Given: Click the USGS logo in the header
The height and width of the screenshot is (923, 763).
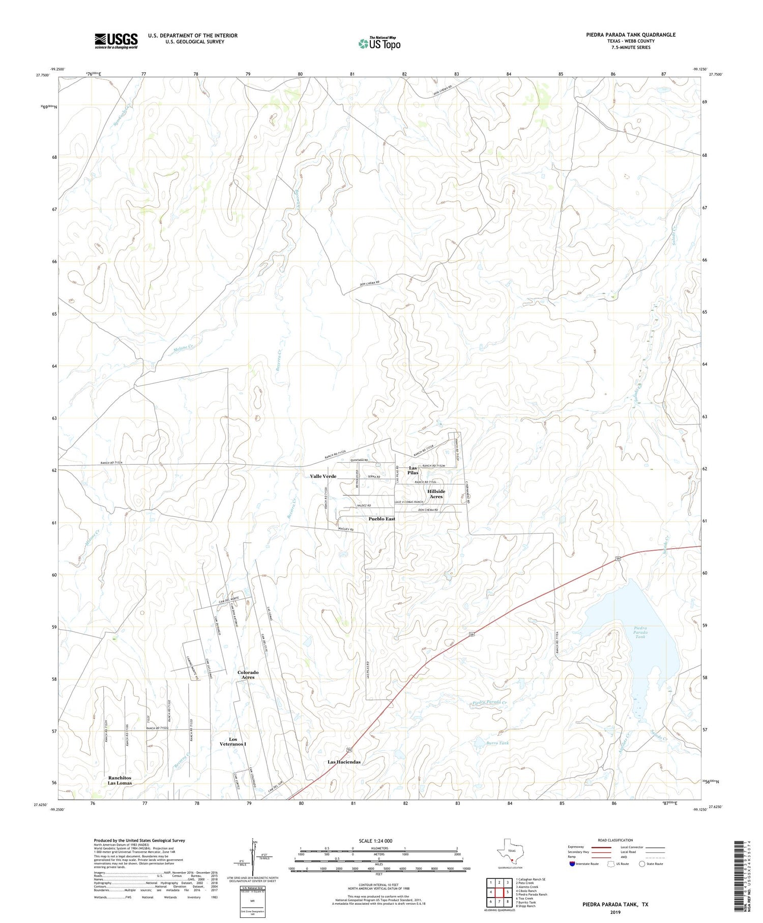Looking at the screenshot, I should pyautogui.click(x=116, y=41).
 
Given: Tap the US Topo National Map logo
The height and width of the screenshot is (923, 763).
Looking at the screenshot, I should pyautogui.click(x=379, y=44).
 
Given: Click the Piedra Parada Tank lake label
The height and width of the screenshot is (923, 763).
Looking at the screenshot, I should pyautogui.click(x=640, y=632).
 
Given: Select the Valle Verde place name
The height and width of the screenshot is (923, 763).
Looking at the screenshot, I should pyautogui.click(x=323, y=476).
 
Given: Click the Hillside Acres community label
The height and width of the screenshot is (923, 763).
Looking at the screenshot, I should pyautogui.click(x=436, y=494).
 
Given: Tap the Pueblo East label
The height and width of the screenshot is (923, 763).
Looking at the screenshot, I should pyautogui.click(x=382, y=519).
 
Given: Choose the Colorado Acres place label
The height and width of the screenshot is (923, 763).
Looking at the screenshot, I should pyautogui.click(x=248, y=675).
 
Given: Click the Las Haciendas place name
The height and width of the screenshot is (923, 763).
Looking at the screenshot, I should pyautogui.click(x=344, y=762).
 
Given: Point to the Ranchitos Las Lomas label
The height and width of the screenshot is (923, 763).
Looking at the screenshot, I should pyautogui.click(x=120, y=780).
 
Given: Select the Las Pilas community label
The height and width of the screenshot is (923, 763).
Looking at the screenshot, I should pyautogui.click(x=413, y=470).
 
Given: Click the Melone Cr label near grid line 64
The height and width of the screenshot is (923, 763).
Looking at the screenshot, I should pyautogui.click(x=183, y=348).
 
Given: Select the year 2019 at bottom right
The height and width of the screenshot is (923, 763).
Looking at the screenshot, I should pyautogui.click(x=615, y=911).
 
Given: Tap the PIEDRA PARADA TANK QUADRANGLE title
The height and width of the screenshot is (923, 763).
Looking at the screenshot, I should pyautogui.click(x=630, y=35).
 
